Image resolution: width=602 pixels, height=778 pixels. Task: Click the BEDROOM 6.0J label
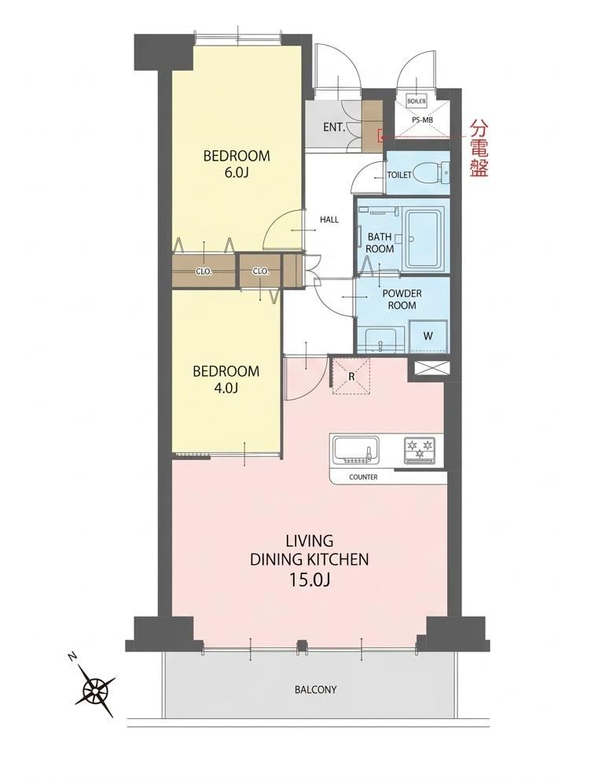click(x=237, y=164)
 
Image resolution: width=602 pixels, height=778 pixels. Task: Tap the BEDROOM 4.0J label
click(x=226, y=379)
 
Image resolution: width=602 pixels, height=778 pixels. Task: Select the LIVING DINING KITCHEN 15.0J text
click(x=309, y=560)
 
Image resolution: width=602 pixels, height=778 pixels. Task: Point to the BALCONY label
click(x=315, y=690)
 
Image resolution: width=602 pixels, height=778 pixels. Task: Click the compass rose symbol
click(x=94, y=688)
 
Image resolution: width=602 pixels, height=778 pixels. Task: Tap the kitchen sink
click(x=355, y=450)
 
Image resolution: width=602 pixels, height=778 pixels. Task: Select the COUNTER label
click(x=363, y=477)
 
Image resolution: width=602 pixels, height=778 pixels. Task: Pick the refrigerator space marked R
click(x=351, y=376)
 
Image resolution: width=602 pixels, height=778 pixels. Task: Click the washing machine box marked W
click(x=428, y=336)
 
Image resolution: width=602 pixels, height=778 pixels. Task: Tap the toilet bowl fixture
click(x=428, y=172)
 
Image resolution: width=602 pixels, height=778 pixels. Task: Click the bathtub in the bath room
click(x=424, y=238)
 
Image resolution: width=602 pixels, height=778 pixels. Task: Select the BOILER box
click(x=416, y=101)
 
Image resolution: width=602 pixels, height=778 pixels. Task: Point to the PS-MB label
click(x=422, y=120)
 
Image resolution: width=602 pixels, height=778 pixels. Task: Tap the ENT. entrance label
click(x=334, y=127)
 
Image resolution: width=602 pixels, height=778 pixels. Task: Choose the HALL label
click(x=329, y=219)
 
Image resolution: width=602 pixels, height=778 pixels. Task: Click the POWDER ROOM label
click(x=402, y=299)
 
